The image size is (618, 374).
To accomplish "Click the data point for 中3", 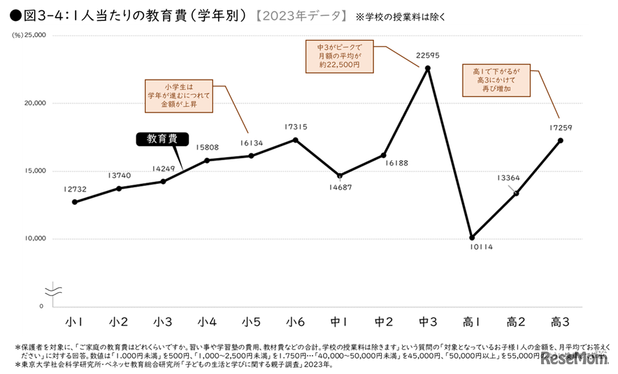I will coord(428,68).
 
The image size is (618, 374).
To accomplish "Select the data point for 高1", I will coord(472,237).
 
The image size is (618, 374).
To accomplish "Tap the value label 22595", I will coord(428,54).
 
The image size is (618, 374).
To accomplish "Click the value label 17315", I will coord(296,127).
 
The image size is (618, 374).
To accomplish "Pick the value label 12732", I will coord(74,189).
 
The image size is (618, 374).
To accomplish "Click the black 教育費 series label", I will coord(161,138).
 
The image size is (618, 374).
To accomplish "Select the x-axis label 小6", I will coord(296,322).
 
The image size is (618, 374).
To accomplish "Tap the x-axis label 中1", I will coord(340,322).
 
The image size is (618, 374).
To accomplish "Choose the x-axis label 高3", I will coord(561,322).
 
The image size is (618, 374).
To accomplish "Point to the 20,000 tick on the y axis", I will coord(34,103).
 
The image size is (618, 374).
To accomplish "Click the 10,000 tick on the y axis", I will coord(34,238).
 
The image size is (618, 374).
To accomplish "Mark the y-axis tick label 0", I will coord(41,306).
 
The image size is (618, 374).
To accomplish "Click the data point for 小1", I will coord(74,202).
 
